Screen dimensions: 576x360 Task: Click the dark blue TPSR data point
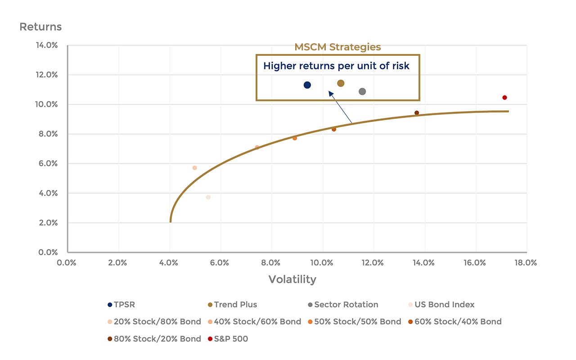(x=307, y=85)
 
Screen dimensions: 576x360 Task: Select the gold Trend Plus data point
(x=341, y=83)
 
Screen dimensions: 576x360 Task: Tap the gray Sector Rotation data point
(x=362, y=91)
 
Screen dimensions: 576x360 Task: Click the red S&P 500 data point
(x=504, y=98)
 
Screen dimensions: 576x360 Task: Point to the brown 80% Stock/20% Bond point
(x=417, y=113)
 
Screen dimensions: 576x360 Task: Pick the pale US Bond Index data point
(x=208, y=197)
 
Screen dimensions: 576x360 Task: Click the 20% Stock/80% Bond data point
(x=195, y=168)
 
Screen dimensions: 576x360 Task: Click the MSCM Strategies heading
(x=337, y=47)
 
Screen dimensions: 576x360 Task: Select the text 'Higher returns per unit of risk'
(x=336, y=66)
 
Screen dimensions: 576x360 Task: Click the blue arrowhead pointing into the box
(x=331, y=94)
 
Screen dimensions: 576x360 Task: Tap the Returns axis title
(x=40, y=27)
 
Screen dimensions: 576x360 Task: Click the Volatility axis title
(x=292, y=279)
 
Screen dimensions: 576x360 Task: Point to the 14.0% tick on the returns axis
(x=46, y=45)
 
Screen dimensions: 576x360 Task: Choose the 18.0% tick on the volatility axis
(x=526, y=263)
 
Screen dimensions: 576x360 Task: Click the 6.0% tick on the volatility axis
(x=219, y=263)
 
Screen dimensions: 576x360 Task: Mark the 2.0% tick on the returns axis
(x=48, y=223)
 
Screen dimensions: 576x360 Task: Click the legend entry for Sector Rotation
(x=343, y=305)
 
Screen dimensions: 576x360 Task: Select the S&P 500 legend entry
(x=228, y=339)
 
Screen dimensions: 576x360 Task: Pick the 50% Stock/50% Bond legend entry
(x=354, y=322)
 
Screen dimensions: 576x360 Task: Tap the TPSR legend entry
(x=121, y=305)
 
